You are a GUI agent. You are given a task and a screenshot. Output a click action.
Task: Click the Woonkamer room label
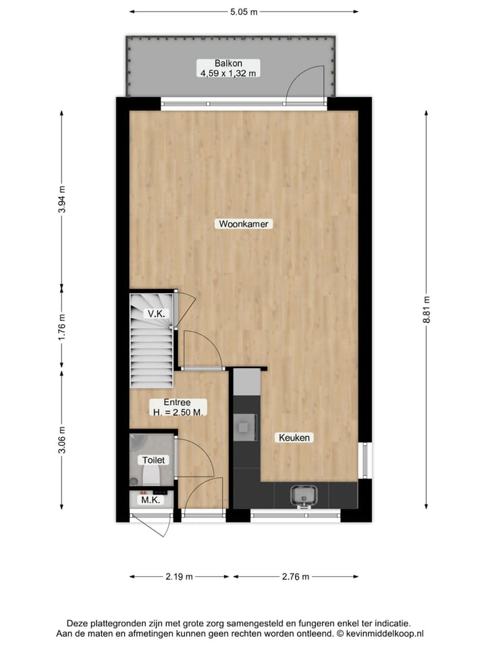246,224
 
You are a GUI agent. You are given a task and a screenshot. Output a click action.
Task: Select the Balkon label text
227,63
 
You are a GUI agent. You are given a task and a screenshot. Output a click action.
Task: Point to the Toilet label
153,460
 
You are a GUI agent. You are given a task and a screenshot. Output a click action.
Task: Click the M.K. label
150,500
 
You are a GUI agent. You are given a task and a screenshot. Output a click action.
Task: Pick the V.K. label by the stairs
157,314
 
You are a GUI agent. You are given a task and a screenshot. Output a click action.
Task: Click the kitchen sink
303,495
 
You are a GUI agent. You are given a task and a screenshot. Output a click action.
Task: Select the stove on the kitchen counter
244,425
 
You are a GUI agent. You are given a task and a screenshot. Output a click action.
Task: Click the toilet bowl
150,476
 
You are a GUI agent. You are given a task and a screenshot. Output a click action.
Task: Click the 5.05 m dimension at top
244,11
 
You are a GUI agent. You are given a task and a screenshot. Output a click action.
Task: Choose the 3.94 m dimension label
62,199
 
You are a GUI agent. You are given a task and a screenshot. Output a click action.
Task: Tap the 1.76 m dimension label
62,328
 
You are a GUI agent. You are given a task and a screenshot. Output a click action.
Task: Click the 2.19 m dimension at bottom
180,576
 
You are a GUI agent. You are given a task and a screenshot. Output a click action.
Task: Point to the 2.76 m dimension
296,576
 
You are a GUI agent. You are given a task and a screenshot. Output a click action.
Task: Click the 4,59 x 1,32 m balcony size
227,73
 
